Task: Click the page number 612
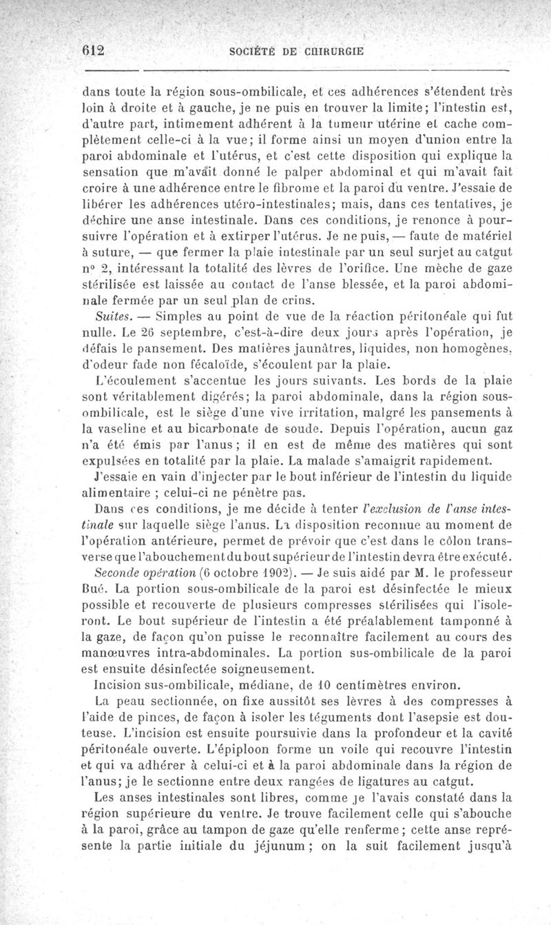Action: pos(92,50)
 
